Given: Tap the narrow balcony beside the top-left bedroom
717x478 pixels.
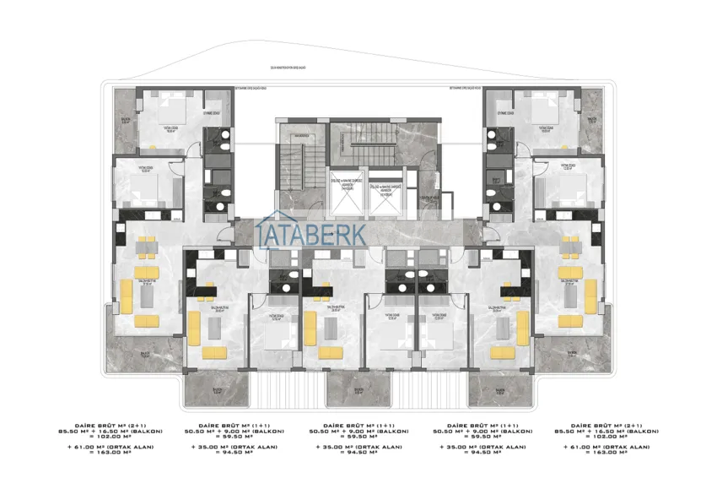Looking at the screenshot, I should pyautogui.click(x=125, y=122).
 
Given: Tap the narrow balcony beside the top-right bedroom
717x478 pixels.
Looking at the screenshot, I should pyautogui.click(x=590, y=122).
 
